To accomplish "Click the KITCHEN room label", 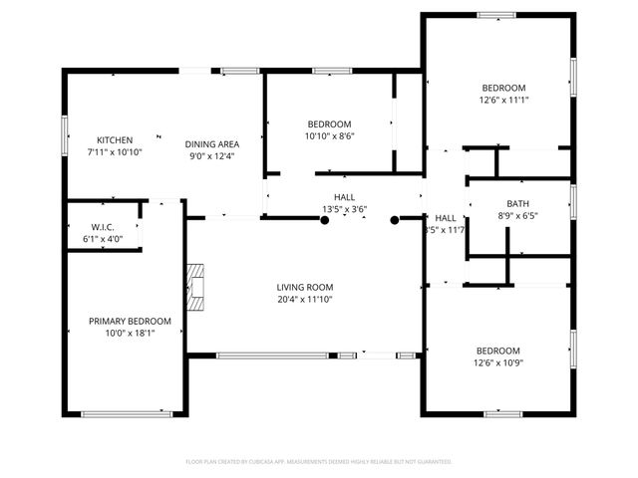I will pyautogui.click(x=115, y=140).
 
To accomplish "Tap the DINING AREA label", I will pyautogui.click(x=208, y=140).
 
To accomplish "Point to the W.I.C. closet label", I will pyautogui.click(x=103, y=226).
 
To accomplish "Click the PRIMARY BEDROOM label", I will pyautogui.click(x=130, y=321).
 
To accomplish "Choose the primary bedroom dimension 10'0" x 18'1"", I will pyautogui.click(x=130, y=335).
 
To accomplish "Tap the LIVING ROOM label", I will pyautogui.click(x=304, y=287).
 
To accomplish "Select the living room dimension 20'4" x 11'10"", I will pyautogui.click(x=304, y=300).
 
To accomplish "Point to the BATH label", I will pyautogui.click(x=517, y=203).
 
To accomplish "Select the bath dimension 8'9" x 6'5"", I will pyautogui.click(x=517, y=216).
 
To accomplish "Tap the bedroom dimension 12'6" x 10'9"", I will pyautogui.click(x=497, y=364).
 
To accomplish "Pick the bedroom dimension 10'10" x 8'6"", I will pyautogui.click(x=330, y=136).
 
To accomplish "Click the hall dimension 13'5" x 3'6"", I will pyautogui.click(x=345, y=209).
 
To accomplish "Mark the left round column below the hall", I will pyautogui.click(x=324, y=220).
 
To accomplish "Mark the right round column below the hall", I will pyautogui.click(x=395, y=220).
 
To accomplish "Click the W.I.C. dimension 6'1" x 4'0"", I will pyautogui.click(x=103, y=239).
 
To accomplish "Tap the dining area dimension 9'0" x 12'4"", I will pyautogui.click(x=208, y=154).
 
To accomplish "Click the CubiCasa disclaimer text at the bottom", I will pyautogui.click(x=319, y=462).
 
